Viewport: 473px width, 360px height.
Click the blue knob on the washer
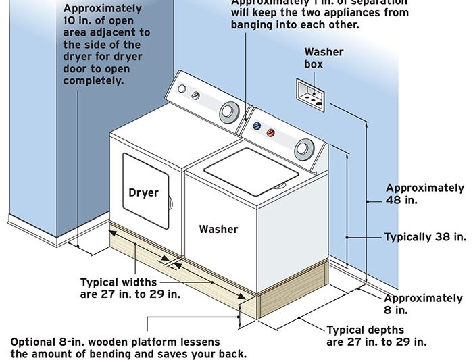[256, 126]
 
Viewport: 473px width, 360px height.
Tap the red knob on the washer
[271, 132]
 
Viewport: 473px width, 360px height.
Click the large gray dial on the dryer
[230, 110]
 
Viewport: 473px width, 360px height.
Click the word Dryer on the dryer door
[143, 192]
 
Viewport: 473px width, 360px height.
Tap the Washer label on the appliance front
[218, 230]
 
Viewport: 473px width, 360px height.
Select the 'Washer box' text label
[324, 58]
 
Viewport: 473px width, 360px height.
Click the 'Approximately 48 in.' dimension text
[425, 194]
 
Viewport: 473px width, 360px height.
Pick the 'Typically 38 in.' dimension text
[425, 237]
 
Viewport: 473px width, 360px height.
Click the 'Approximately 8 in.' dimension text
[424, 304]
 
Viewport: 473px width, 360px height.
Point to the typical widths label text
[119, 288]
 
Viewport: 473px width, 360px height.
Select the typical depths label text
[376, 336]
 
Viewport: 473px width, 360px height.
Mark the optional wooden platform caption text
[128, 348]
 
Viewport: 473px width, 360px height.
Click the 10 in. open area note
[106, 44]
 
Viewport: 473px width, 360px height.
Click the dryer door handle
[170, 201]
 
